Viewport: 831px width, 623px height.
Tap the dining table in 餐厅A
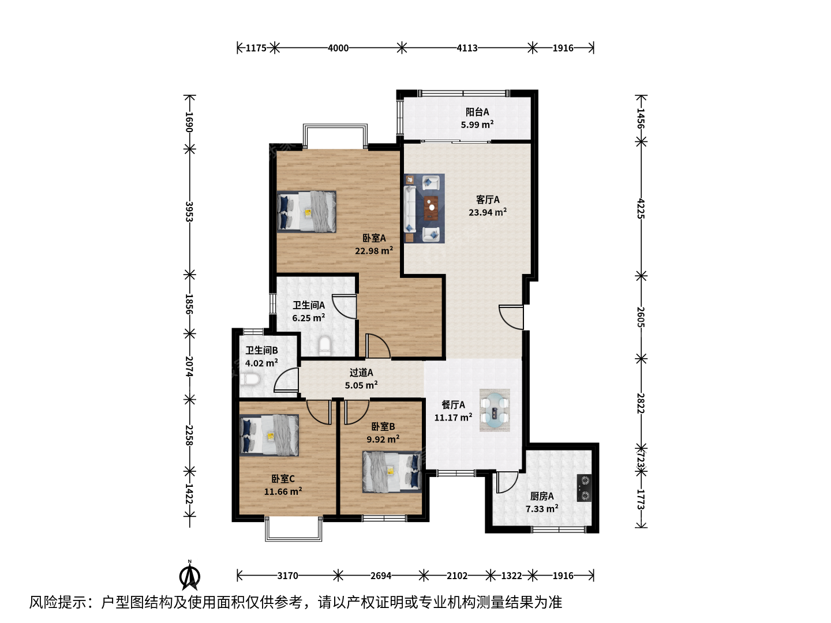(495, 410)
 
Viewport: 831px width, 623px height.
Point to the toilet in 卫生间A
(324, 346)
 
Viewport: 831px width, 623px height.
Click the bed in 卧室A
(306, 212)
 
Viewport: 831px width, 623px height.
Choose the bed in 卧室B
(392, 472)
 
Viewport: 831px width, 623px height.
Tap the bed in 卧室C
(269, 436)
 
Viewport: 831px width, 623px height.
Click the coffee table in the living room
(431, 208)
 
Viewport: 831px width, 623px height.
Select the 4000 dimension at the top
(338, 48)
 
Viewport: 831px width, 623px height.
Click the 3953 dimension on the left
(189, 212)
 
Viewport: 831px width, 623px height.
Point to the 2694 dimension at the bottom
(380, 576)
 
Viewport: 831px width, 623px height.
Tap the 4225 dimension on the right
(640, 208)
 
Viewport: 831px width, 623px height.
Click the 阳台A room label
(477, 112)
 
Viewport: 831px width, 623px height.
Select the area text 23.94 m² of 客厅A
(488, 212)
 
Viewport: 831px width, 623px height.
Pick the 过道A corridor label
(361, 373)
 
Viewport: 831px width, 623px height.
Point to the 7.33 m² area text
(542, 509)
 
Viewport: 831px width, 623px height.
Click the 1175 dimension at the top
(256, 48)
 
